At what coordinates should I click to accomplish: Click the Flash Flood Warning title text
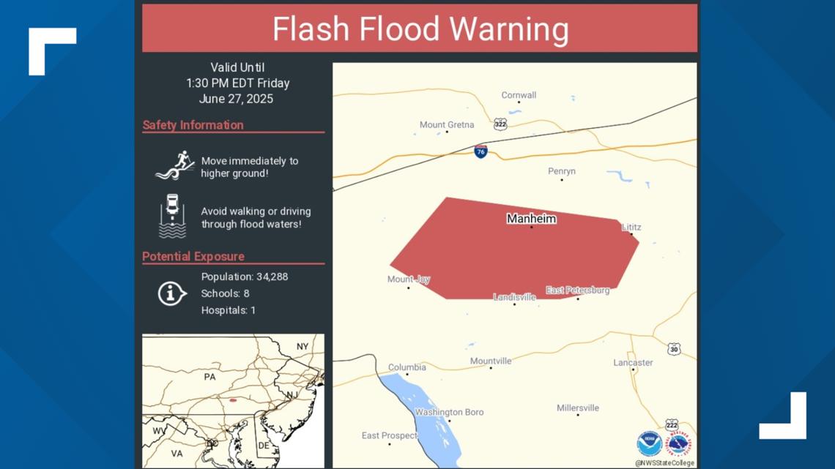click(420, 29)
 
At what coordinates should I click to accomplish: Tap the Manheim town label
click(531, 219)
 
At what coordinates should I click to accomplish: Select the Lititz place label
click(631, 228)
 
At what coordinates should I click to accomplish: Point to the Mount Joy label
click(408, 279)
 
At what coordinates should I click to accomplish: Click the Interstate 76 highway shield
click(480, 151)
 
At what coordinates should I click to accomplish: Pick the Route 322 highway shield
click(500, 124)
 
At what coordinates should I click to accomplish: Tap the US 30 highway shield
click(674, 349)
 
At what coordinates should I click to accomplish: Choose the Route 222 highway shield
click(671, 425)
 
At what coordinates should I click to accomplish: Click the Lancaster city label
click(633, 363)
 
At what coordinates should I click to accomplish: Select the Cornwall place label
click(519, 95)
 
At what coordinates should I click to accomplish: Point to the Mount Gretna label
click(446, 125)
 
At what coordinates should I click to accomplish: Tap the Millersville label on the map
click(577, 408)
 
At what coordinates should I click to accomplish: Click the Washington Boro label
click(449, 413)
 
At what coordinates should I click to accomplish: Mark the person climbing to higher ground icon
click(174, 165)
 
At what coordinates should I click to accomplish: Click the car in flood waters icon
click(172, 216)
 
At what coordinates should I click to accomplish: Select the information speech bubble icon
click(171, 293)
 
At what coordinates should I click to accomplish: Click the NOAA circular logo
click(649, 443)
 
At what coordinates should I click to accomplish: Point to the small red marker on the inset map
click(233, 400)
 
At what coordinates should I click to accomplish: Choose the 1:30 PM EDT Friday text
click(237, 83)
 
